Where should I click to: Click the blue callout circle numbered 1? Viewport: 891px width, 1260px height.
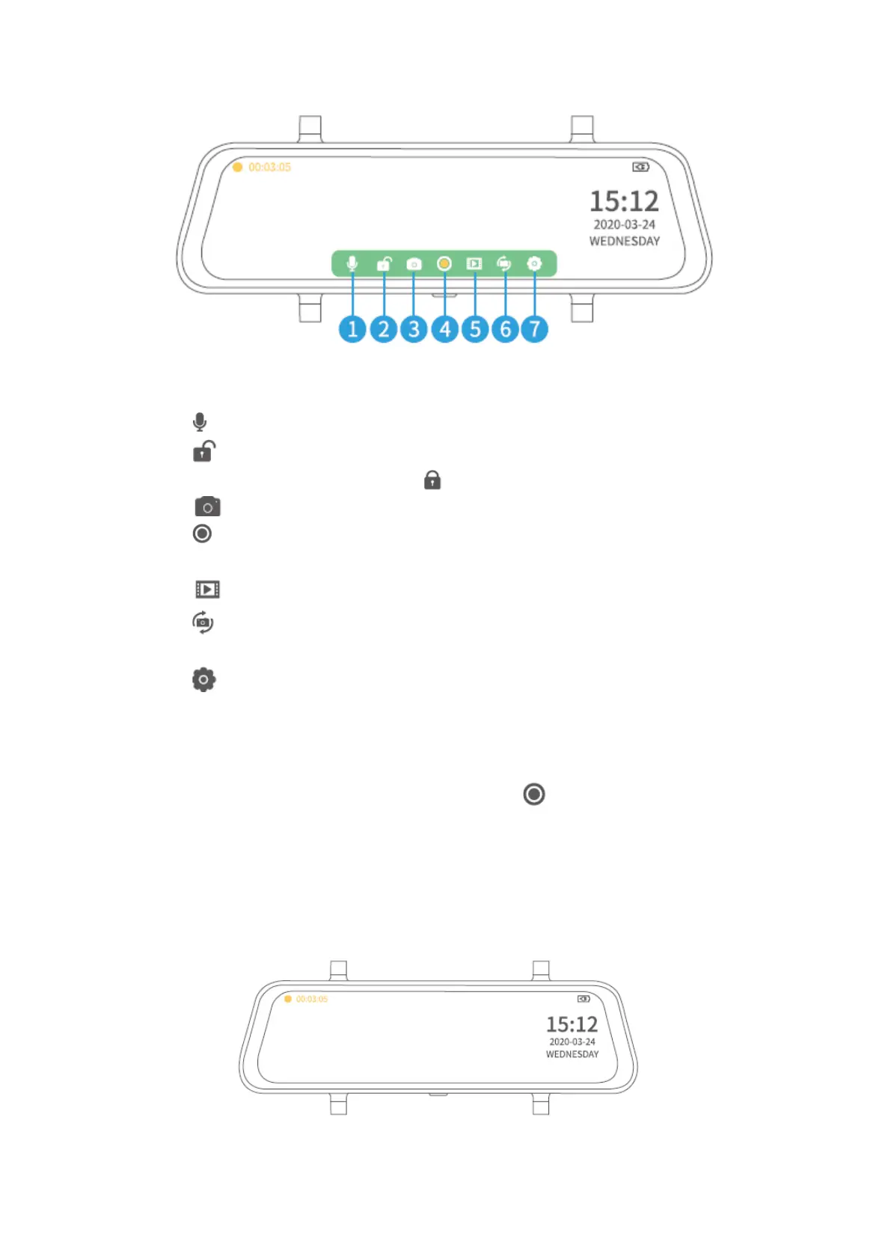[x=352, y=329]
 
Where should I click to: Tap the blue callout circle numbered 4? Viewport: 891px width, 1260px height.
[x=445, y=329]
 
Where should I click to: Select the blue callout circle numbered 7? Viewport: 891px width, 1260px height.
[x=534, y=329]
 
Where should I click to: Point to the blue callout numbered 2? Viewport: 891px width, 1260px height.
[x=384, y=329]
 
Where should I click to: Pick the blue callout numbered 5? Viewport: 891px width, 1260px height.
[x=475, y=329]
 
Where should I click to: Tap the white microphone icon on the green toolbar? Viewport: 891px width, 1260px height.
[x=352, y=263]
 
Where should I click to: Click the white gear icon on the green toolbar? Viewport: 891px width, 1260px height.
[x=534, y=263]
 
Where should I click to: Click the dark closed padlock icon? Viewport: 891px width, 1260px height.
[x=432, y=480]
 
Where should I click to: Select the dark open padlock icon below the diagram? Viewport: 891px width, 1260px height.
[x=203, y=451]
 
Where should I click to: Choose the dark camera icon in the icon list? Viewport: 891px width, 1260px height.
[x=207, y=507]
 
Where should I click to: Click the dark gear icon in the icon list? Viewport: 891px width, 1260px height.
[x=203, y=679]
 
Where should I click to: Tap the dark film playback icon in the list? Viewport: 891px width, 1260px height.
[x=207, y=590]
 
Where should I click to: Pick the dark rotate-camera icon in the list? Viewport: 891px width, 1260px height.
[x=203, y=623]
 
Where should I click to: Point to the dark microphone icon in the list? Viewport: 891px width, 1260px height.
[x=200, y=422]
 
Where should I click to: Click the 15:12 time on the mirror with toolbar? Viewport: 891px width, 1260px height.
[x=624, y=201]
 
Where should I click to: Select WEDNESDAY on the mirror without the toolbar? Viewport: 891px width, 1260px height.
[x=572, y=1054]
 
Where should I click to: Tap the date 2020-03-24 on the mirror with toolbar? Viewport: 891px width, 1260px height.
[x=624, y=224]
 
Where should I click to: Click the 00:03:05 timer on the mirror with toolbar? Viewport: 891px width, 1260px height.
[x=269, y=168]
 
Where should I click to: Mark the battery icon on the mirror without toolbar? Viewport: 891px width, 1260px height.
[x=584, y=999]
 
